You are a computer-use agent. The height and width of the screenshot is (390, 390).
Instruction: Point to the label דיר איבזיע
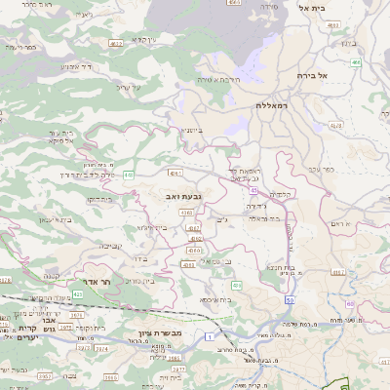pos(78,66)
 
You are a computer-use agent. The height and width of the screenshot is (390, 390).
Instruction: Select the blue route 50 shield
pos(291,286)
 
